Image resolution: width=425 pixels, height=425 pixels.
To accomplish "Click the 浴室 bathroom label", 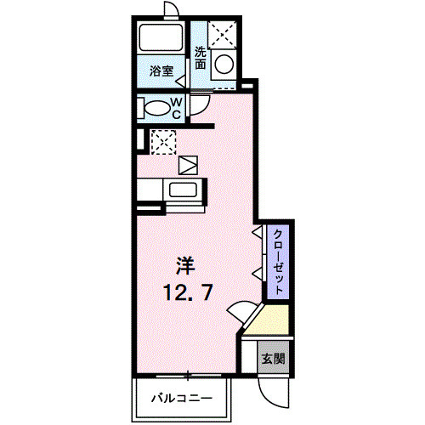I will tap(161, 71).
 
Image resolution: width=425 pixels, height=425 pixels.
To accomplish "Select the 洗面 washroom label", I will tap(200, 57).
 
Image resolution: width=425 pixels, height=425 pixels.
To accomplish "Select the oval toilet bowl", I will tap(157, 109).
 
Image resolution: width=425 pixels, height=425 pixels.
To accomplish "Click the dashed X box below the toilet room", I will tap(161, 141).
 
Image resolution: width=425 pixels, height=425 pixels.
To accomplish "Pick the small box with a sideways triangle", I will tap(188, 164).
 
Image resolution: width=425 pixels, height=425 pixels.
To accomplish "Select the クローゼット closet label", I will tap(277, 261).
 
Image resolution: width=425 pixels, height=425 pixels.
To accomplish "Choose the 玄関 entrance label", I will tap(272, 359).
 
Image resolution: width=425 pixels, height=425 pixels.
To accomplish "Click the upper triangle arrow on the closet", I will tap(256, 231).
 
